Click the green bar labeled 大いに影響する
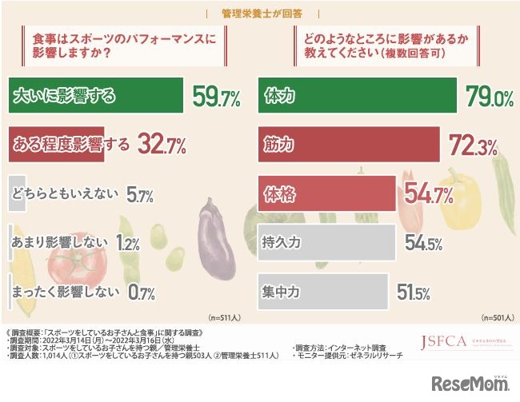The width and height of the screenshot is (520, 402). pyautogui.click(x=96, y=98)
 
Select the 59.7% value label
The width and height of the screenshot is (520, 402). pyautogui.click(x=217, y=98)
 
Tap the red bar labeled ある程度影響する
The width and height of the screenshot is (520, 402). pyautogui.click(x=56, y=145)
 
